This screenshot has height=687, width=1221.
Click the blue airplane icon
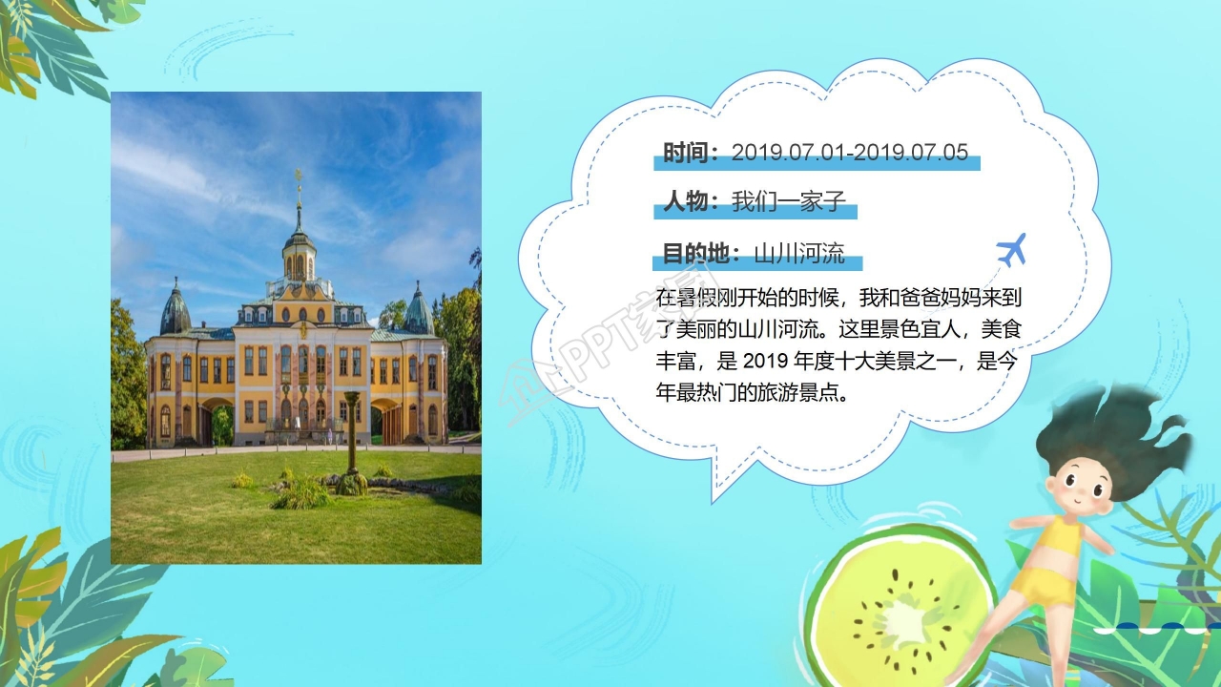[x=1011, y=250]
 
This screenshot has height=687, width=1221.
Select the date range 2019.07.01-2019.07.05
[x=850, y=153]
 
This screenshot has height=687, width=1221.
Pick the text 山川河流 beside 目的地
[x=799, y=254]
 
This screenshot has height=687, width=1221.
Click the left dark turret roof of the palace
[x=176, y=310]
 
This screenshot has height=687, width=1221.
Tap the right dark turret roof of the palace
[x=419, y=310]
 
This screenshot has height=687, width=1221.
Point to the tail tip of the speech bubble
[x=714, y=498]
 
